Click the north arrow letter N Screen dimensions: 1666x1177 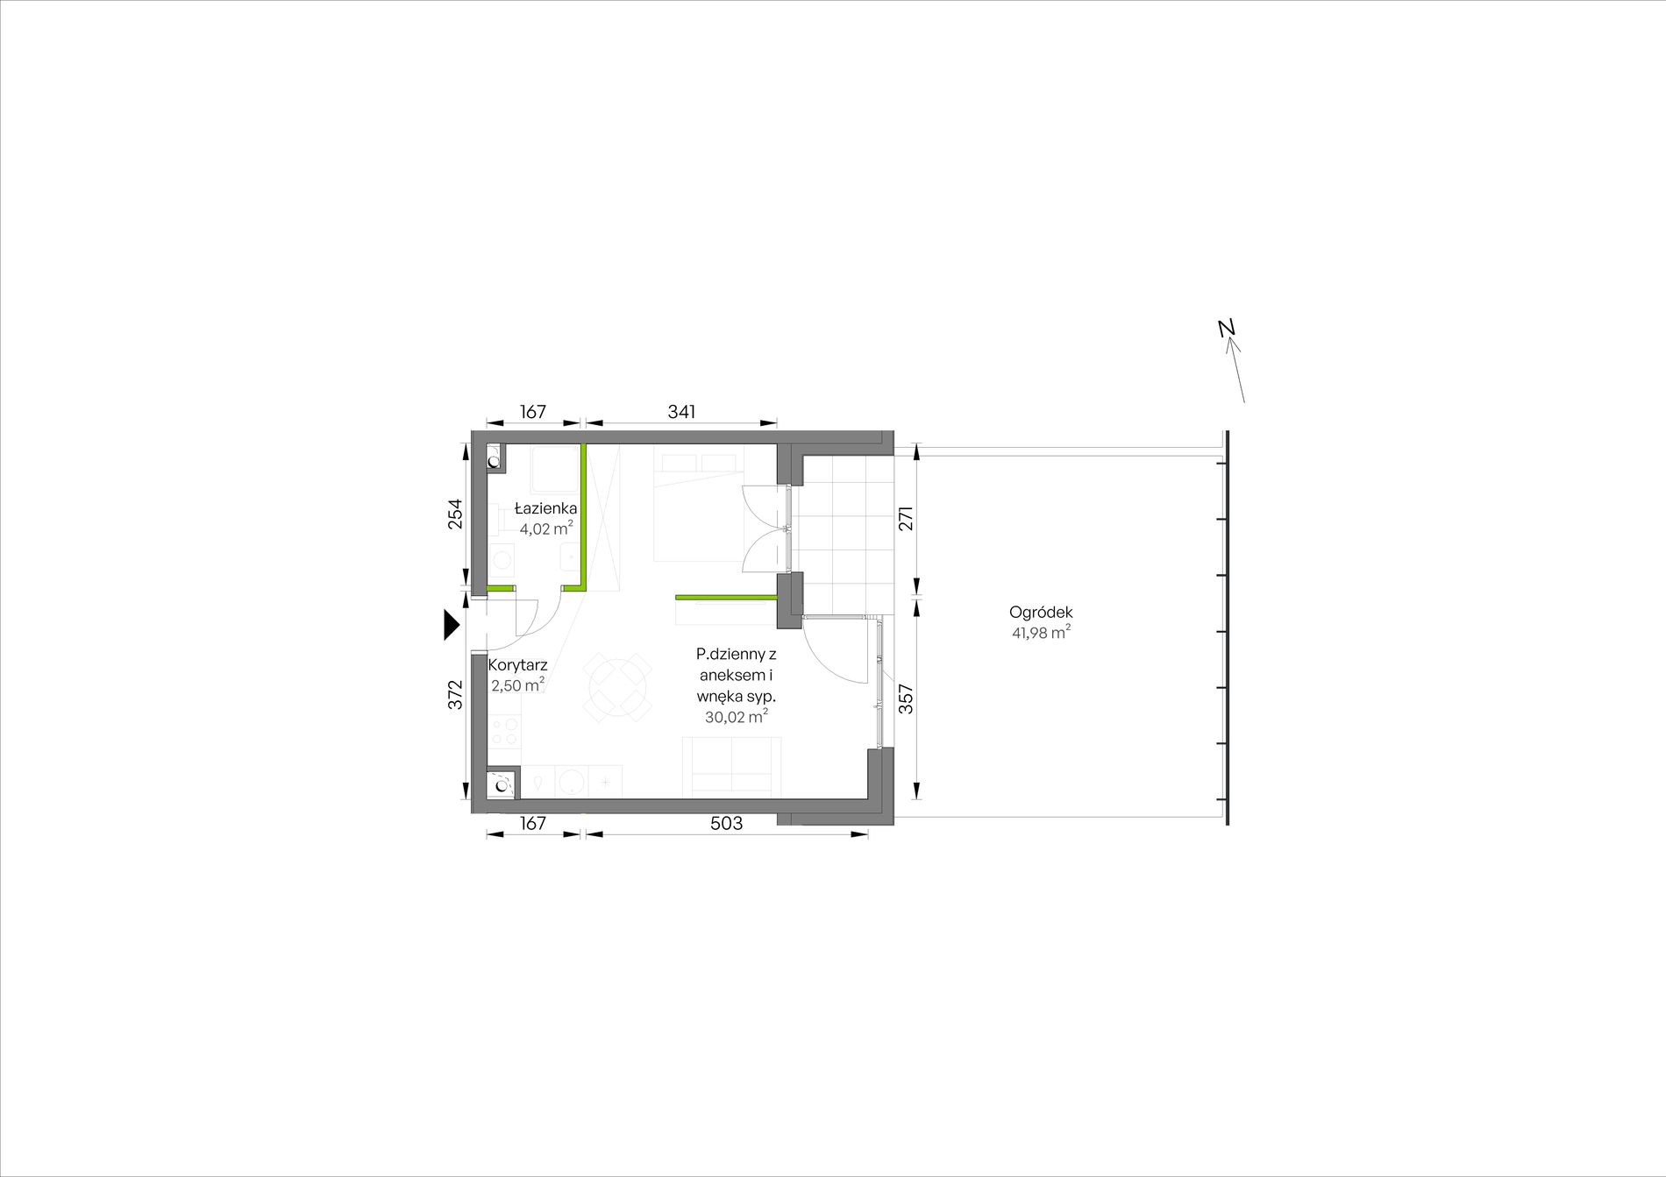tap(1228, 328)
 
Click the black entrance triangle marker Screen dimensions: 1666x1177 tap(452, 625)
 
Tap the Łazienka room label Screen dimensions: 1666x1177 tap(545, 508)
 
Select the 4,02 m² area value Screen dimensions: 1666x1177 tap(546, 528)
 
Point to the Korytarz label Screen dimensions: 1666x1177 tap(517, 665)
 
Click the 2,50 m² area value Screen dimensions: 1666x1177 tap(517, 685)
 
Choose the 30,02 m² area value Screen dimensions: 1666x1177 tap(737, 717)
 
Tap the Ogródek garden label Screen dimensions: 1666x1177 tap(1041, 613)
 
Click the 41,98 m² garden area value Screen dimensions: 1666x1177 tap(1041, 633)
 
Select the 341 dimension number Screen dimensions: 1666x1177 tap(681, 411)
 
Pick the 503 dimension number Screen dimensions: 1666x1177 tap(726, 823)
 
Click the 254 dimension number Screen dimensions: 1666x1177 tap(455, 514)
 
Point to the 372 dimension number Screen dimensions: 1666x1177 tap(455, 695)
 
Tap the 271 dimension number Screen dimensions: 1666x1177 tap(907, 518)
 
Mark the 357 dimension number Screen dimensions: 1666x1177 tap(907, 698)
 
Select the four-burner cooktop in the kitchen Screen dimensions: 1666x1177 tap(505, 731)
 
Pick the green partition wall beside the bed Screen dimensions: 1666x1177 tap(726, 597)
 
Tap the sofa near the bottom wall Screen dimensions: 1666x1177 tap(732, 767)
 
